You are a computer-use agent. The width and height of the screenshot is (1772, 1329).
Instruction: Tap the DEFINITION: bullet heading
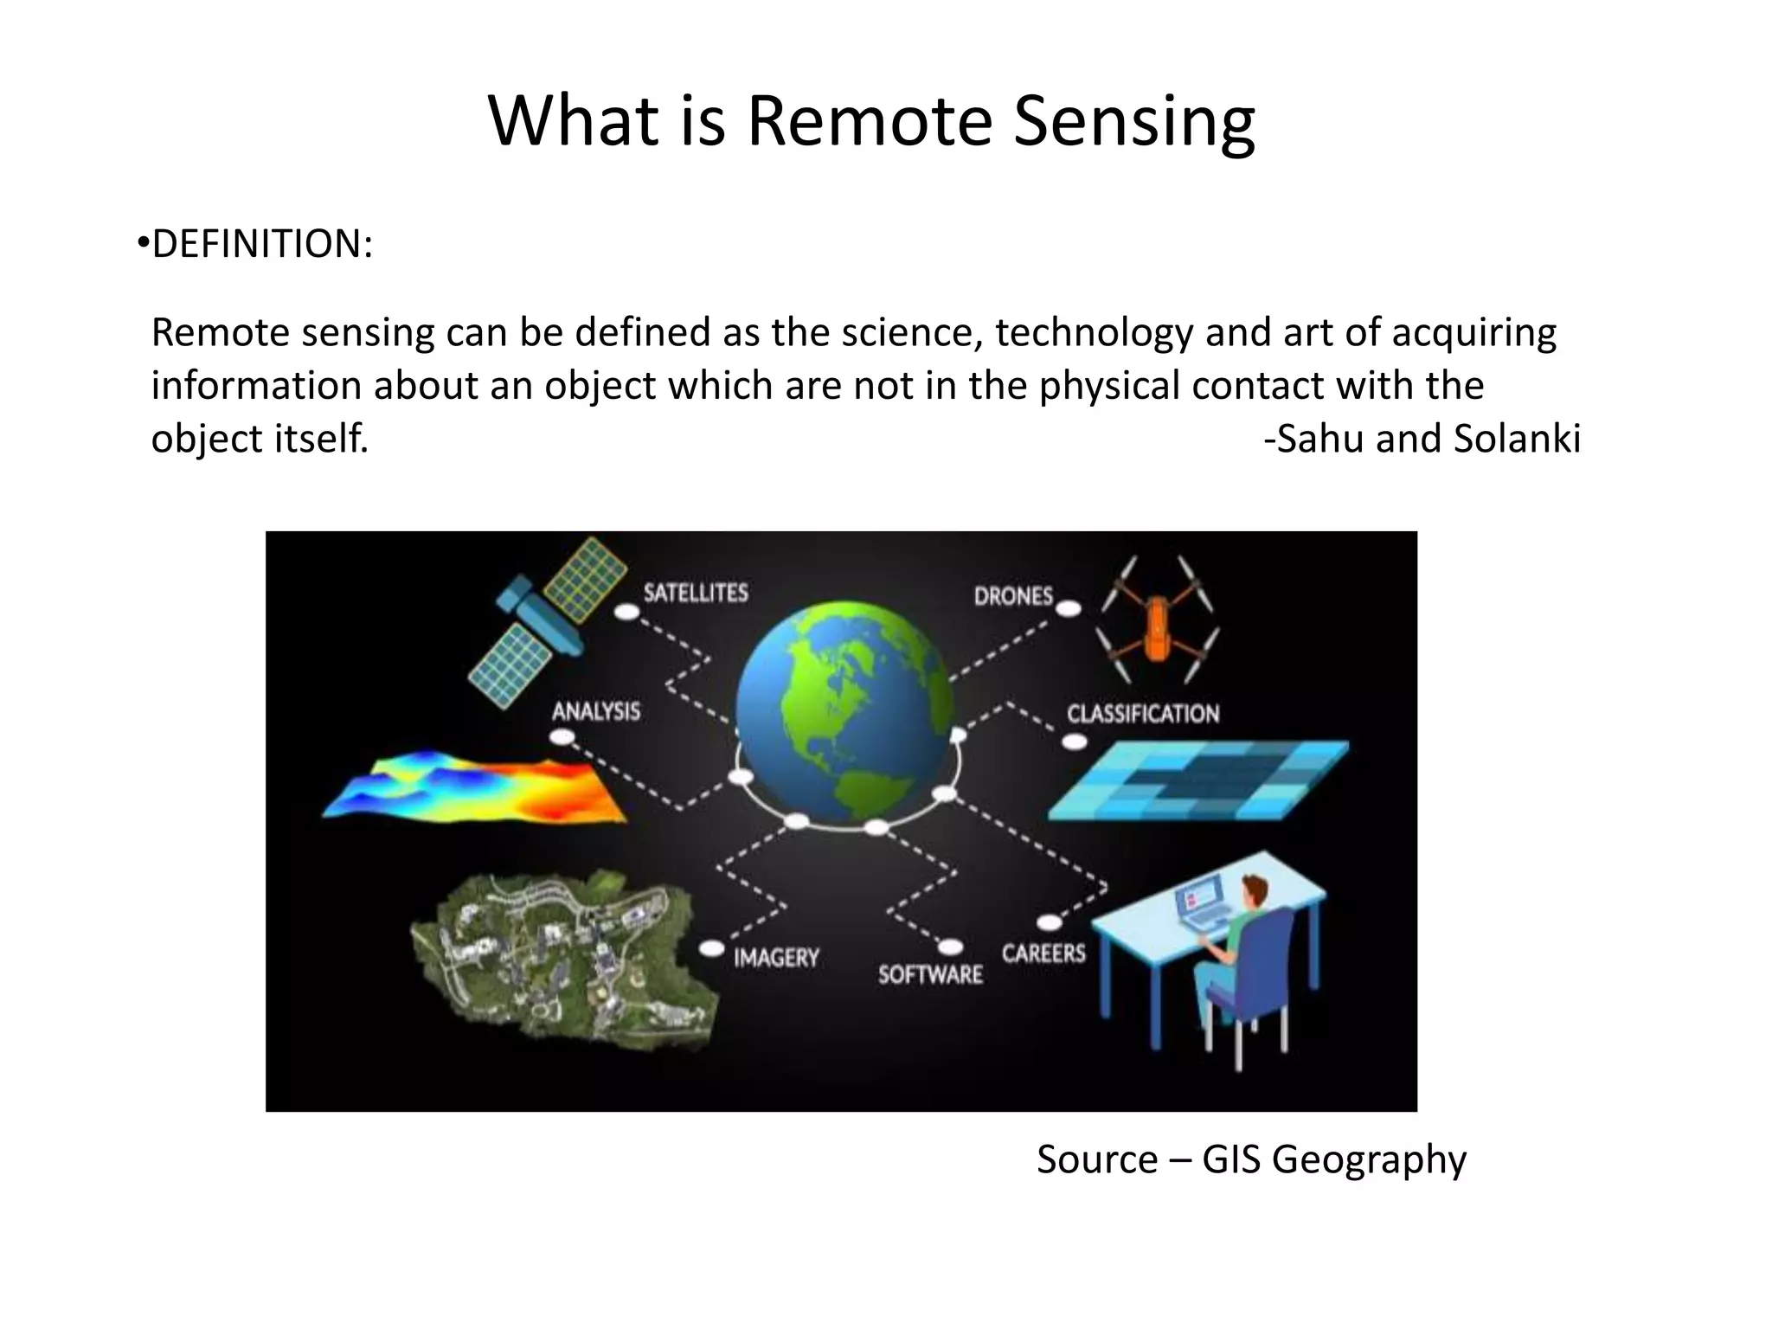click(261, 245)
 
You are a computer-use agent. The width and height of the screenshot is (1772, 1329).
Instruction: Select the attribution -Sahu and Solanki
click(1422, 439)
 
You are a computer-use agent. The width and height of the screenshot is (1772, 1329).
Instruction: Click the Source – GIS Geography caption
click(1251, 1159)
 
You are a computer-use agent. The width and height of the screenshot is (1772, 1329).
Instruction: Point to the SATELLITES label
click(695, 594)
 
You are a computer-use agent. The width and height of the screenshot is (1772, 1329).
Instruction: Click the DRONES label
click(1013, 596)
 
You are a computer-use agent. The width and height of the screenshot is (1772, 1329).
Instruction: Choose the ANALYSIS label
click(596, 712)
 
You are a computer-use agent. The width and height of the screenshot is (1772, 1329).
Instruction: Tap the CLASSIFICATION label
click(1142, 715)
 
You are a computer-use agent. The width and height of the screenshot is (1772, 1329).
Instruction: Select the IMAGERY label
click(776, 958)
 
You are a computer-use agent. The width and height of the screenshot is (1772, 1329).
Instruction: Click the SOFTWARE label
click(930, 975)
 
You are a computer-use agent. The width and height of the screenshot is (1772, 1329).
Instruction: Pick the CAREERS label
click(1043, 953)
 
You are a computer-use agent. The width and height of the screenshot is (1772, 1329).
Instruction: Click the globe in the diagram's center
click(844, 711)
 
